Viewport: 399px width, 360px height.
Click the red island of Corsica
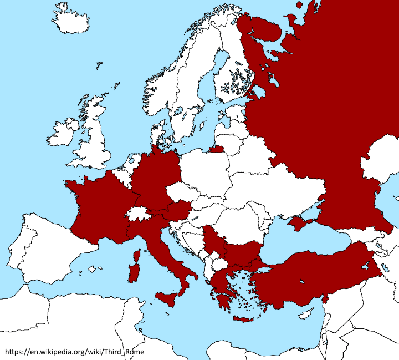(x=135, y=255)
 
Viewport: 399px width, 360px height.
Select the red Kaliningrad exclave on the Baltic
(x=216, y=148)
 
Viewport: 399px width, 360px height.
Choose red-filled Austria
(x=178, y=211)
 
